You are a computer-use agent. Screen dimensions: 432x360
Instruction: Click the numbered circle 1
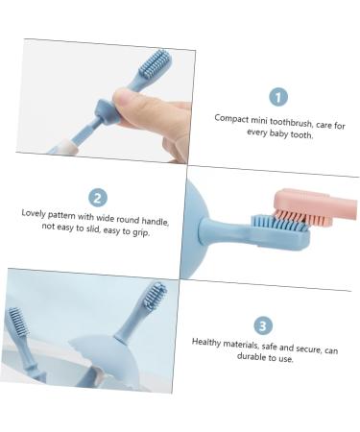click(278, 96)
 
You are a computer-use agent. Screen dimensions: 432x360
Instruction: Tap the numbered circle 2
click(98, 197)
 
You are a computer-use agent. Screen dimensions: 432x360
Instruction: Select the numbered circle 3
click(263, 326)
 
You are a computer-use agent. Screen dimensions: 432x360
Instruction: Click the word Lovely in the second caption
click(37, 212)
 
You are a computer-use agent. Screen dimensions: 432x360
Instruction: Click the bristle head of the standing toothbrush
click(155, 295)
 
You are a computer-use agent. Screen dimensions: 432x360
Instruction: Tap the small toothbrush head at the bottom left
click(16, 326)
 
